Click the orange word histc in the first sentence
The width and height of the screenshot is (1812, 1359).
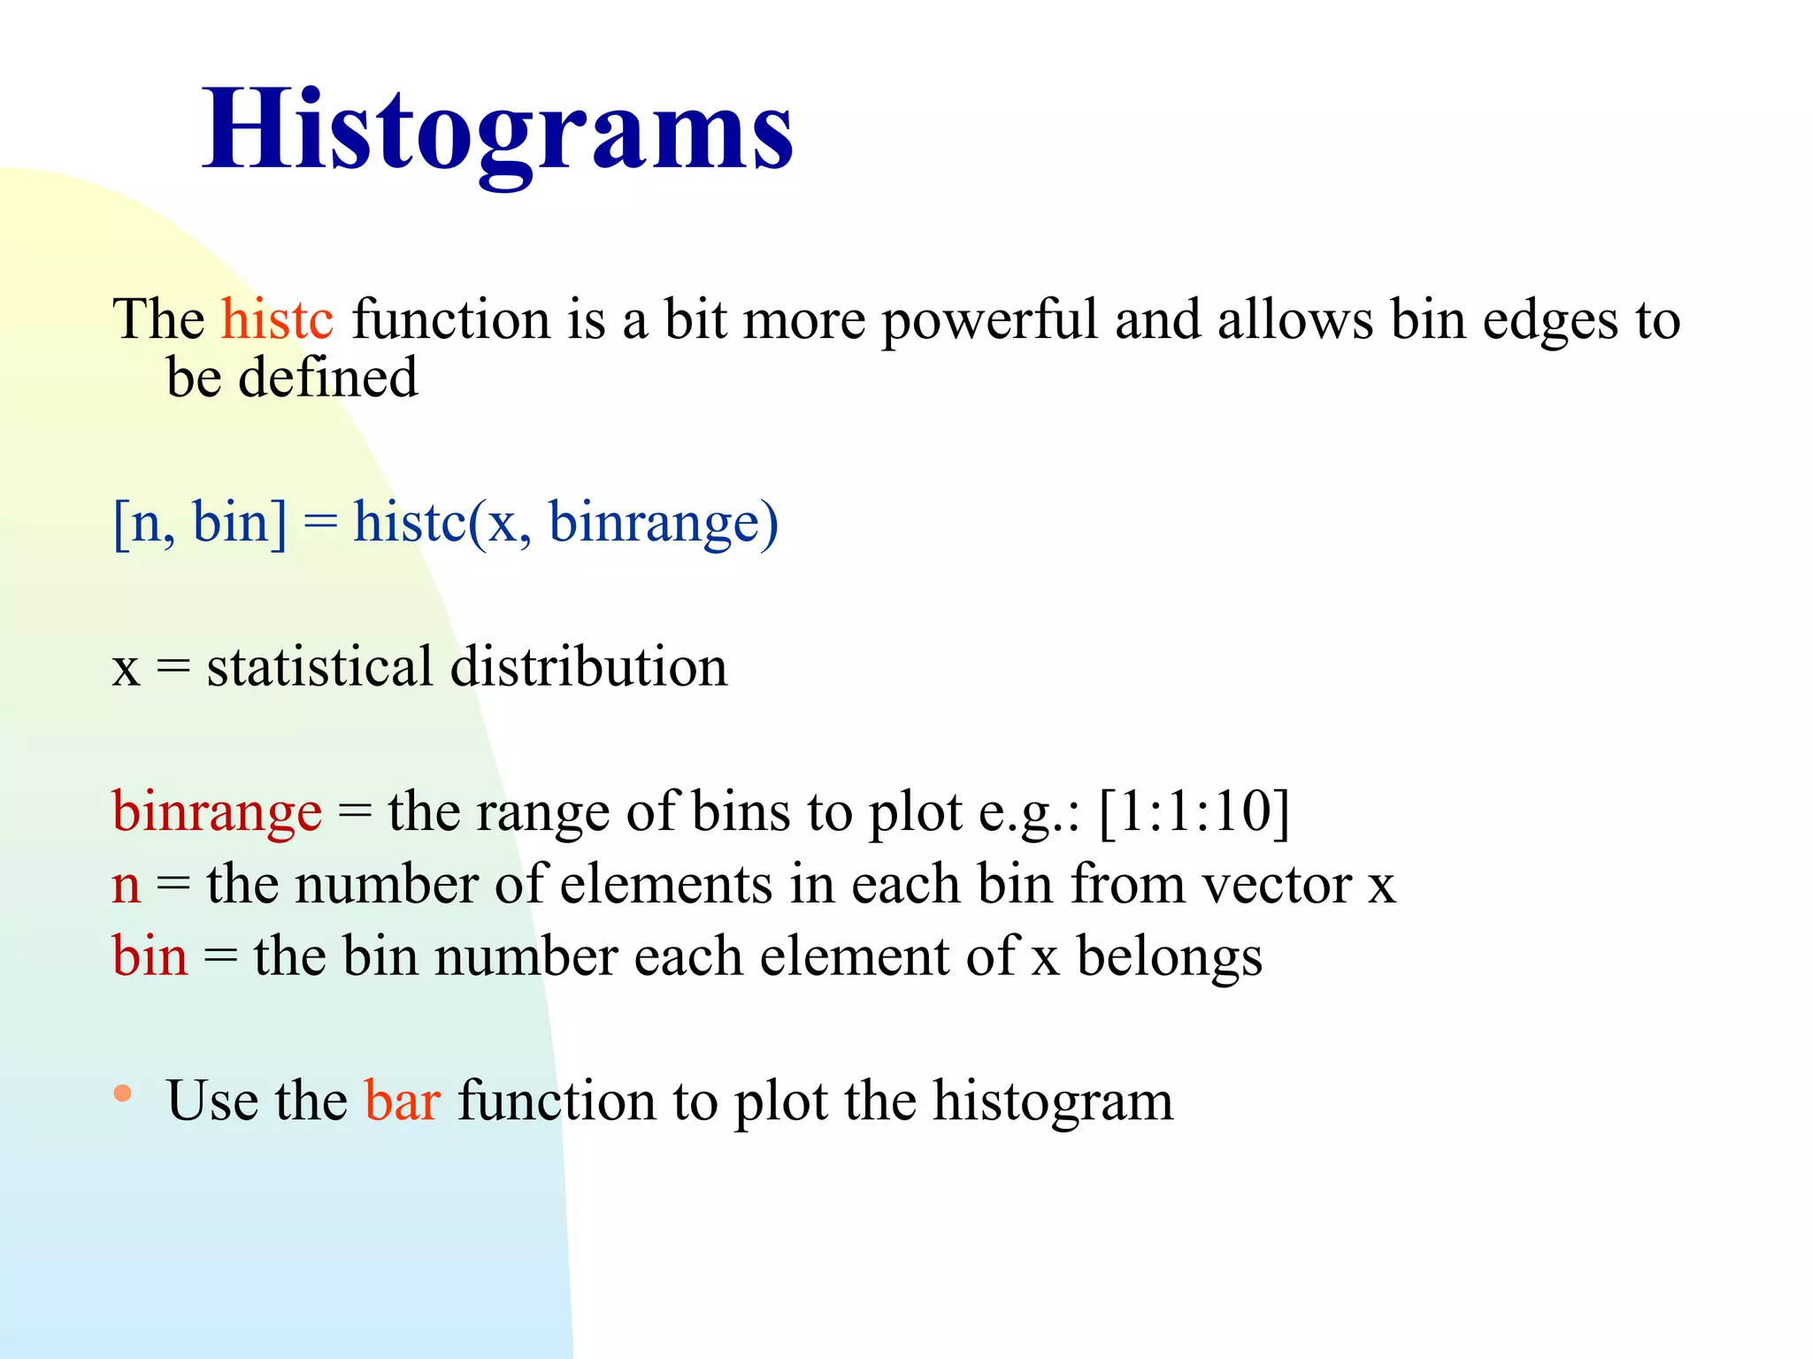pyautogui.click(x=277, y=319)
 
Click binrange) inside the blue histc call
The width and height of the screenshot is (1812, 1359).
pyautogui.click(x=664, y=522)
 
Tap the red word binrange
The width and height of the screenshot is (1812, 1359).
pyautogui.click(x=217, y=812)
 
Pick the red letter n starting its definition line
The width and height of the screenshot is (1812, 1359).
pyautogui.click(x=127, y=885)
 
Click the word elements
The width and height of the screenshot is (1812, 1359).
pyautogui.click(x=666, y=885)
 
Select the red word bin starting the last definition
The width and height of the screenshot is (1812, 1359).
pyautogui.click(x=150, y=956)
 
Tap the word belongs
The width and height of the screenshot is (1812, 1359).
pyautogui.click(x=1169, y=958)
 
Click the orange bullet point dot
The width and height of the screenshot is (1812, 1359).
pyautogui.click(x=123, y=1094)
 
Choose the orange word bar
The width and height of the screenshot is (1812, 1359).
pyautogui.click(x=403, y=1102)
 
